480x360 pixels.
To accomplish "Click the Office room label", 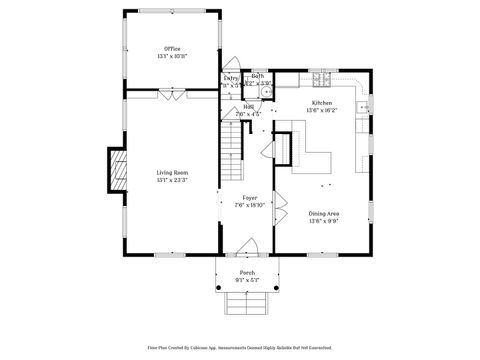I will pos(172,48).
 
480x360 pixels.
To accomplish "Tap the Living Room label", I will pos(172,173).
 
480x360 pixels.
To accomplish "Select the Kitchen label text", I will pos(321,103).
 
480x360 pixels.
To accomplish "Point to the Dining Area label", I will pos(322,213).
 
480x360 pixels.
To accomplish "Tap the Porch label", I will pos(247,273).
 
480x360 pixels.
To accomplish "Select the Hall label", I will pos(247,106).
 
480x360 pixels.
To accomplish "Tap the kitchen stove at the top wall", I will pos(322,78).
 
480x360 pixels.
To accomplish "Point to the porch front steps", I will pos(247,289).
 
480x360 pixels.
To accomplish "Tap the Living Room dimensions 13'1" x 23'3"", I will pos(172,181).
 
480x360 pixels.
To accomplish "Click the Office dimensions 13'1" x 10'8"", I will pos(172,56).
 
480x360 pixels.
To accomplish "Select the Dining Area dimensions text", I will pos(322,221).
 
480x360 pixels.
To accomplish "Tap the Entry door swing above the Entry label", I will pos(229,62).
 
